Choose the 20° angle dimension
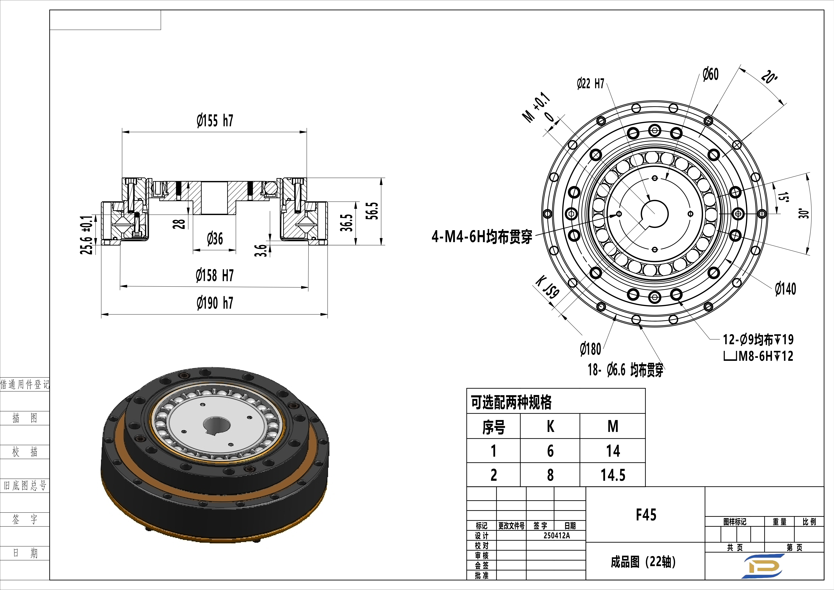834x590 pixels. (769, 77)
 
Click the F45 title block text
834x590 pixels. (646, 515)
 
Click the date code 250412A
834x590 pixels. (556, 535)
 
